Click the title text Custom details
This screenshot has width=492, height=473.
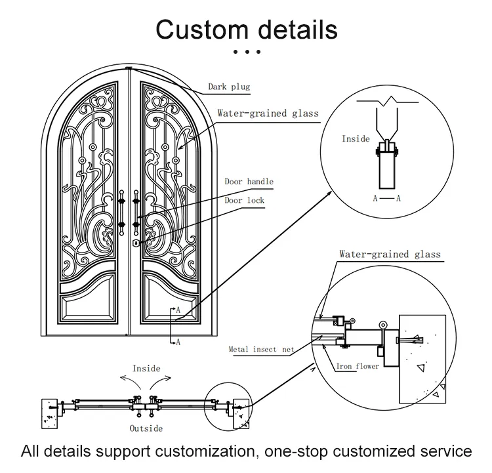click(246, 30)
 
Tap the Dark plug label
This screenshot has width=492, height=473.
click(229, 86)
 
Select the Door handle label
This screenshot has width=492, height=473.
click(249, 181)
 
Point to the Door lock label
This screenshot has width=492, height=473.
click(244, 200)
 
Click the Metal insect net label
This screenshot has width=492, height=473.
click(261, 350)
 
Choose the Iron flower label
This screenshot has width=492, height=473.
click(358, 366)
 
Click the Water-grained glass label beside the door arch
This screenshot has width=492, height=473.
click(268, 113)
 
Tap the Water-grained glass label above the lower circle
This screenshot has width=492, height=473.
click(390, 254)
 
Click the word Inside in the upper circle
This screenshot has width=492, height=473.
click(356, 138)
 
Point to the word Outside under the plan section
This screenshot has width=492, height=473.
click(146, 428)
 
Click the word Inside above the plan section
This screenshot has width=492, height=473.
click(146, 369)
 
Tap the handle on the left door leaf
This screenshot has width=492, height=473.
click(122, 210)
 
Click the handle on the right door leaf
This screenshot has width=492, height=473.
click(136, 210)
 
